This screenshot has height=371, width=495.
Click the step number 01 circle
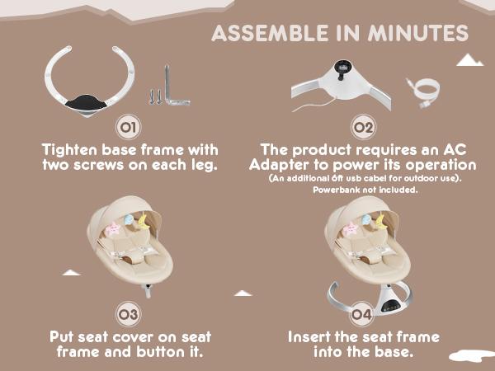coord(129,127)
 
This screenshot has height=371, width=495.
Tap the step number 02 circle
coord(363,127)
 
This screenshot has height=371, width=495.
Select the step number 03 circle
coord(128,314)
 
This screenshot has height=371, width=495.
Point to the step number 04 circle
coord(362,314)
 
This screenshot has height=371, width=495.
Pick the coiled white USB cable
coord(424,92)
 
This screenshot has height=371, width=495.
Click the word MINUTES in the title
coord(418,34)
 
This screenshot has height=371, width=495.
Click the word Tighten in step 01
coord(69,150)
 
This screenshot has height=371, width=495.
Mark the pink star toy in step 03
coord(113,229)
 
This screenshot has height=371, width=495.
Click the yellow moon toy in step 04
coord(381,221)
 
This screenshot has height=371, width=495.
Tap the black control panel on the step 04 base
coord(392,305)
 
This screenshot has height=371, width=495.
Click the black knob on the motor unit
coord(342,68)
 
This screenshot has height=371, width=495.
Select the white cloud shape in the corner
coord(472,356)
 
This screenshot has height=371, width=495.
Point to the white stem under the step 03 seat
coord(148,291)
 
